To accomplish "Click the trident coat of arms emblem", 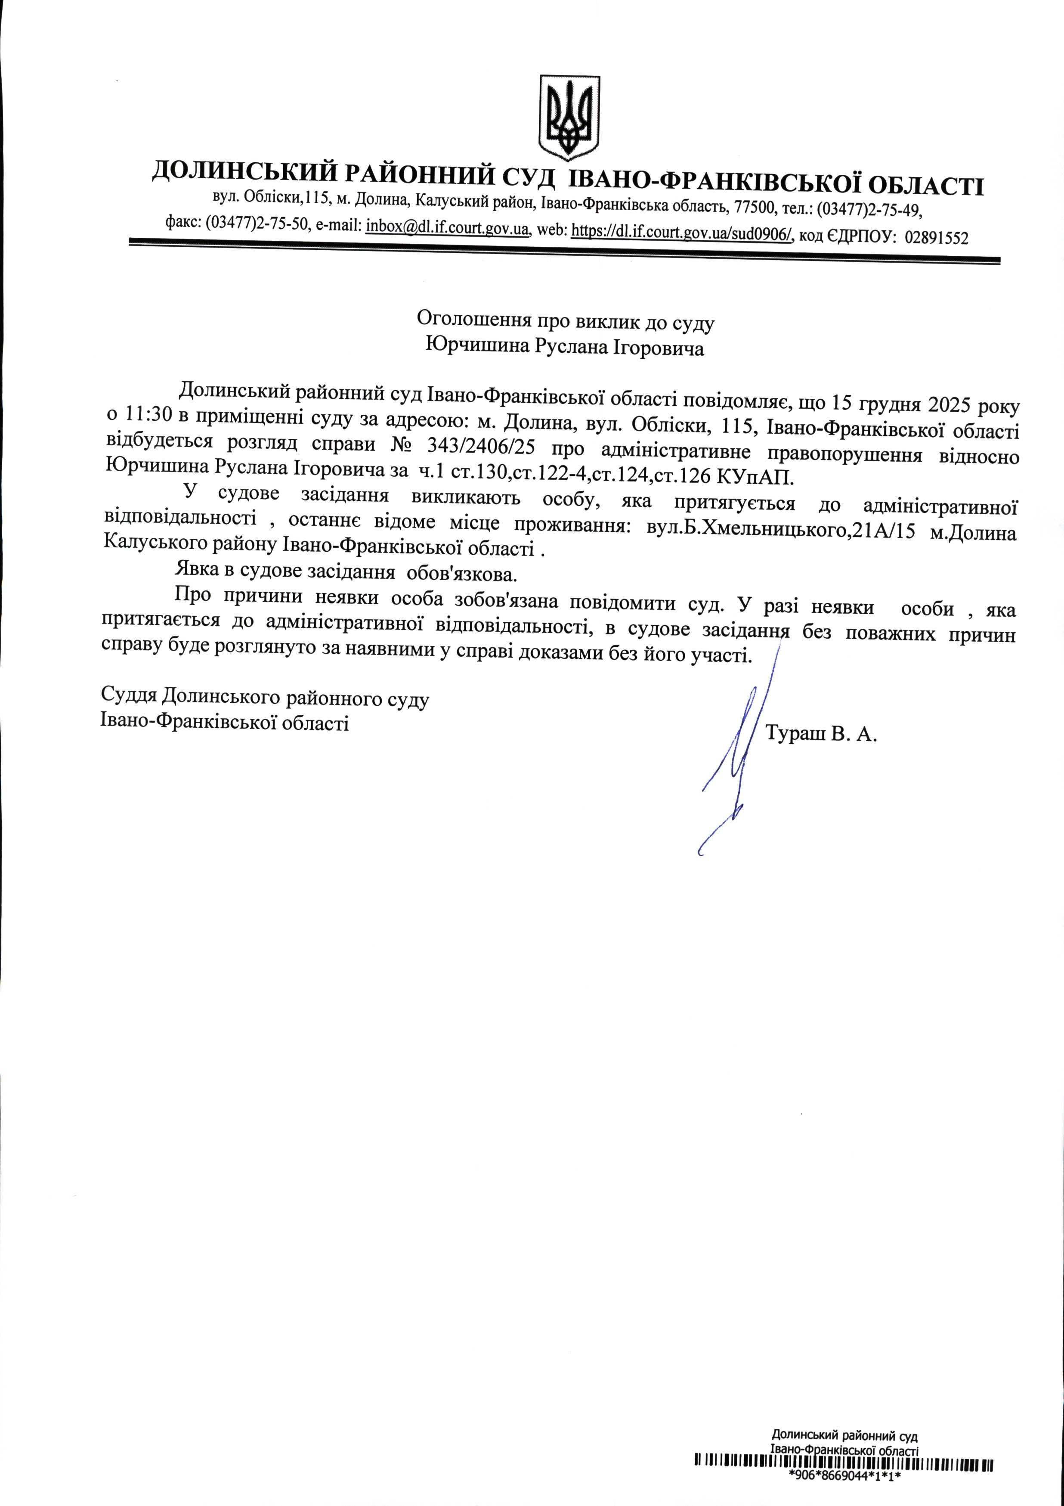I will (x=569, y=118).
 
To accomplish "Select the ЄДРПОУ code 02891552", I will (x=936, y=237).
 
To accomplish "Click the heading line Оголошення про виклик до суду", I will (x=565, y=321).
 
